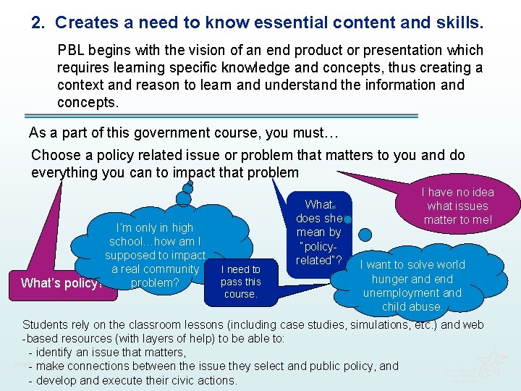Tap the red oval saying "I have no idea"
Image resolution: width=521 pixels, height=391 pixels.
pos(457,206)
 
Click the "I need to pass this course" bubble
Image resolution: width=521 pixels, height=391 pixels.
pos(241,282)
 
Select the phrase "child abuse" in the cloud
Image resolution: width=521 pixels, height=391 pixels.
pos(412,307)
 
